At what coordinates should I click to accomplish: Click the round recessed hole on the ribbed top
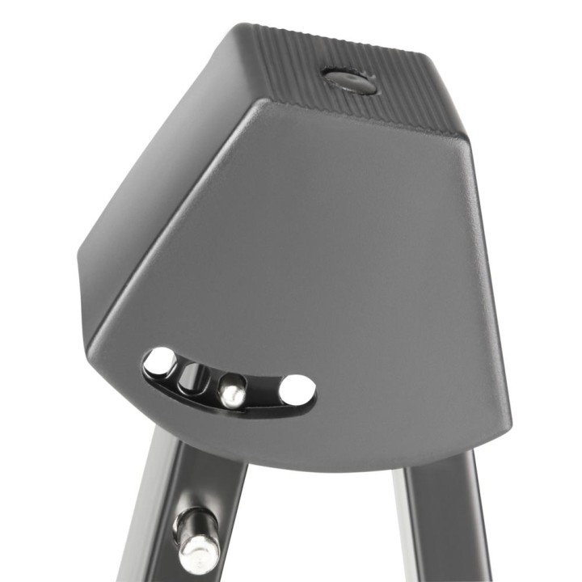349,80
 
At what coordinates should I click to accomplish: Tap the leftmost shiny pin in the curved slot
161,361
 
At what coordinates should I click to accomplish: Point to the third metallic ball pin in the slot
232,391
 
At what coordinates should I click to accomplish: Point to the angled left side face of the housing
154,202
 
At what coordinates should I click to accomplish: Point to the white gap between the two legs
323,533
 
